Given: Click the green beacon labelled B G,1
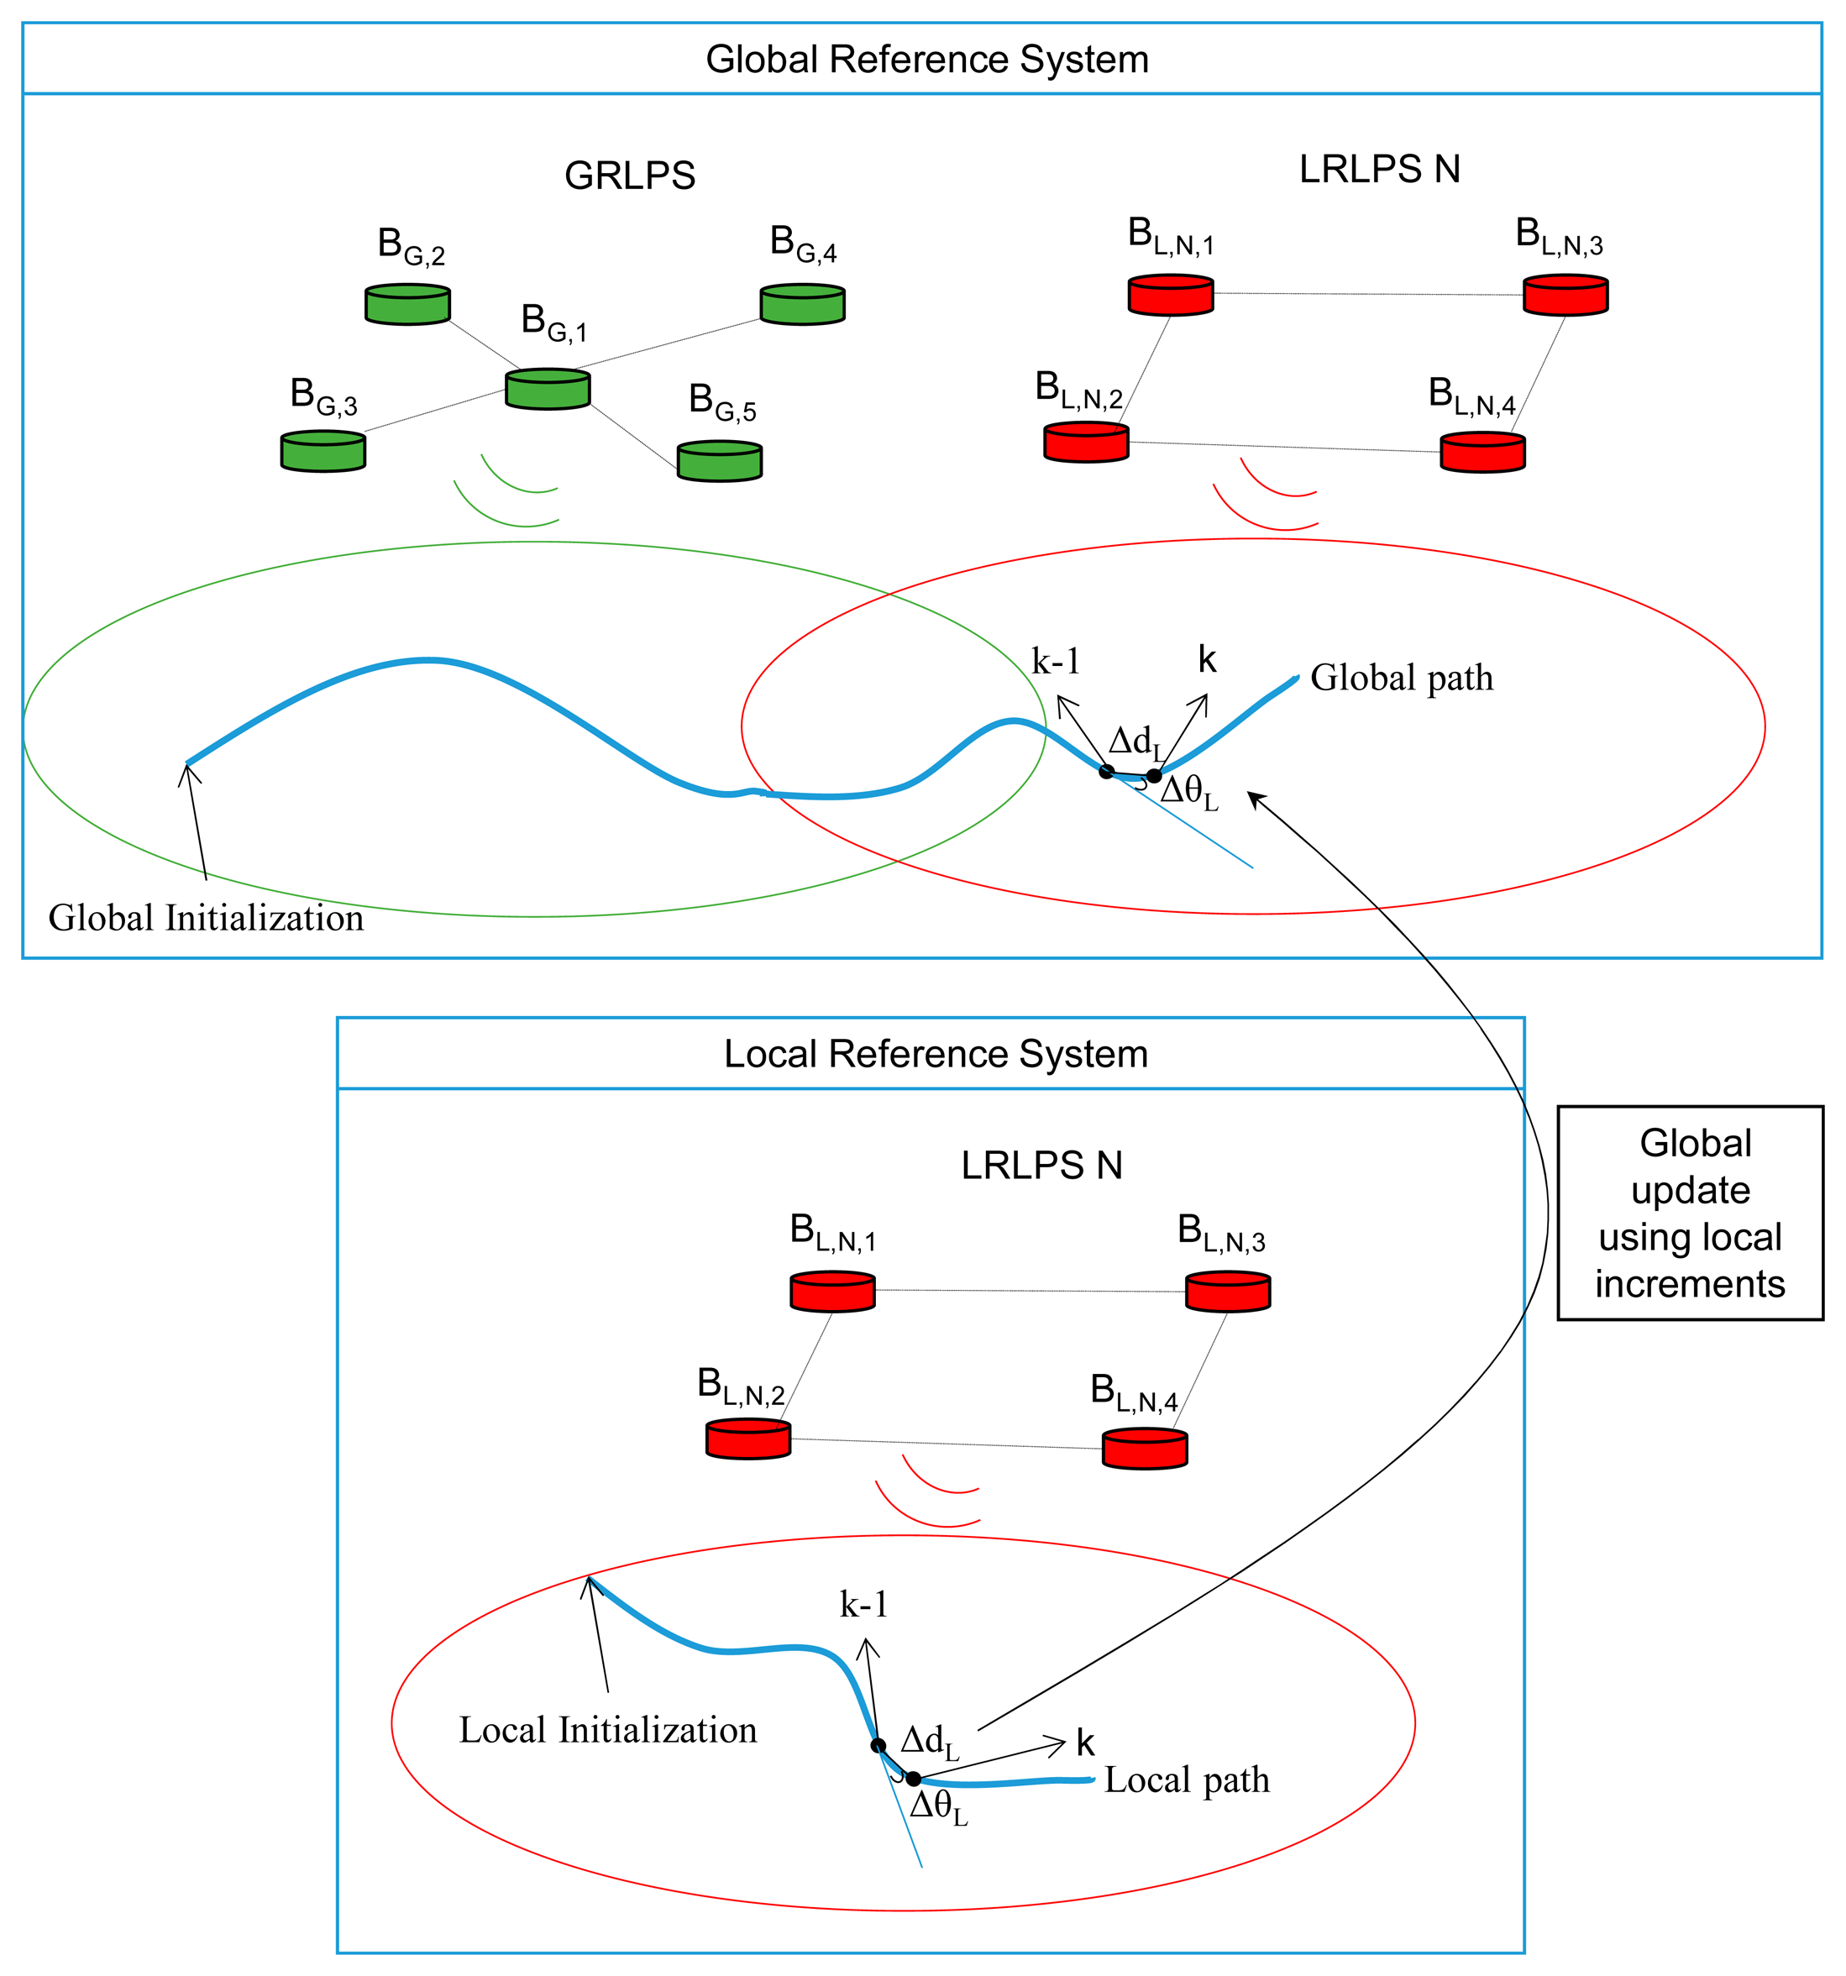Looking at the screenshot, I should tap(548, 389).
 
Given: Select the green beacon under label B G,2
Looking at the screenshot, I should tap(407, 304).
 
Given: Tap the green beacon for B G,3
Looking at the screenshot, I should tap(323, 451).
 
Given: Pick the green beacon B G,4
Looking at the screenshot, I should tap(802, 304).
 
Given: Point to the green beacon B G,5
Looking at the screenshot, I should tap(720, 461).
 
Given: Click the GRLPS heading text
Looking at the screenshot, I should tap(629, 176).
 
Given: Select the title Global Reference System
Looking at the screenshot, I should tap(926, 60).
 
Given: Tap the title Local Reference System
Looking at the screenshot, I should tap(936, 1054).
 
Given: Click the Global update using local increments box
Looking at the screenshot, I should tap(1690, 1213).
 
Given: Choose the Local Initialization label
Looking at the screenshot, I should tap(607, 1731).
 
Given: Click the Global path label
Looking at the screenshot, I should tap(1402, 678).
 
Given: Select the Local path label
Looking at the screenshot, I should tap(1187, 1780).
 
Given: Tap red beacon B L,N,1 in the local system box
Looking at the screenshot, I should tap(832, 1292).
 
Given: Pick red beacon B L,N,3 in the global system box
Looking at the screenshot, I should tap(1565, 296).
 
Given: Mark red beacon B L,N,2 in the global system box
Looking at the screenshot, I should tap(1087, 443).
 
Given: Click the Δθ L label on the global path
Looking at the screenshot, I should tap(1189, 794).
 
